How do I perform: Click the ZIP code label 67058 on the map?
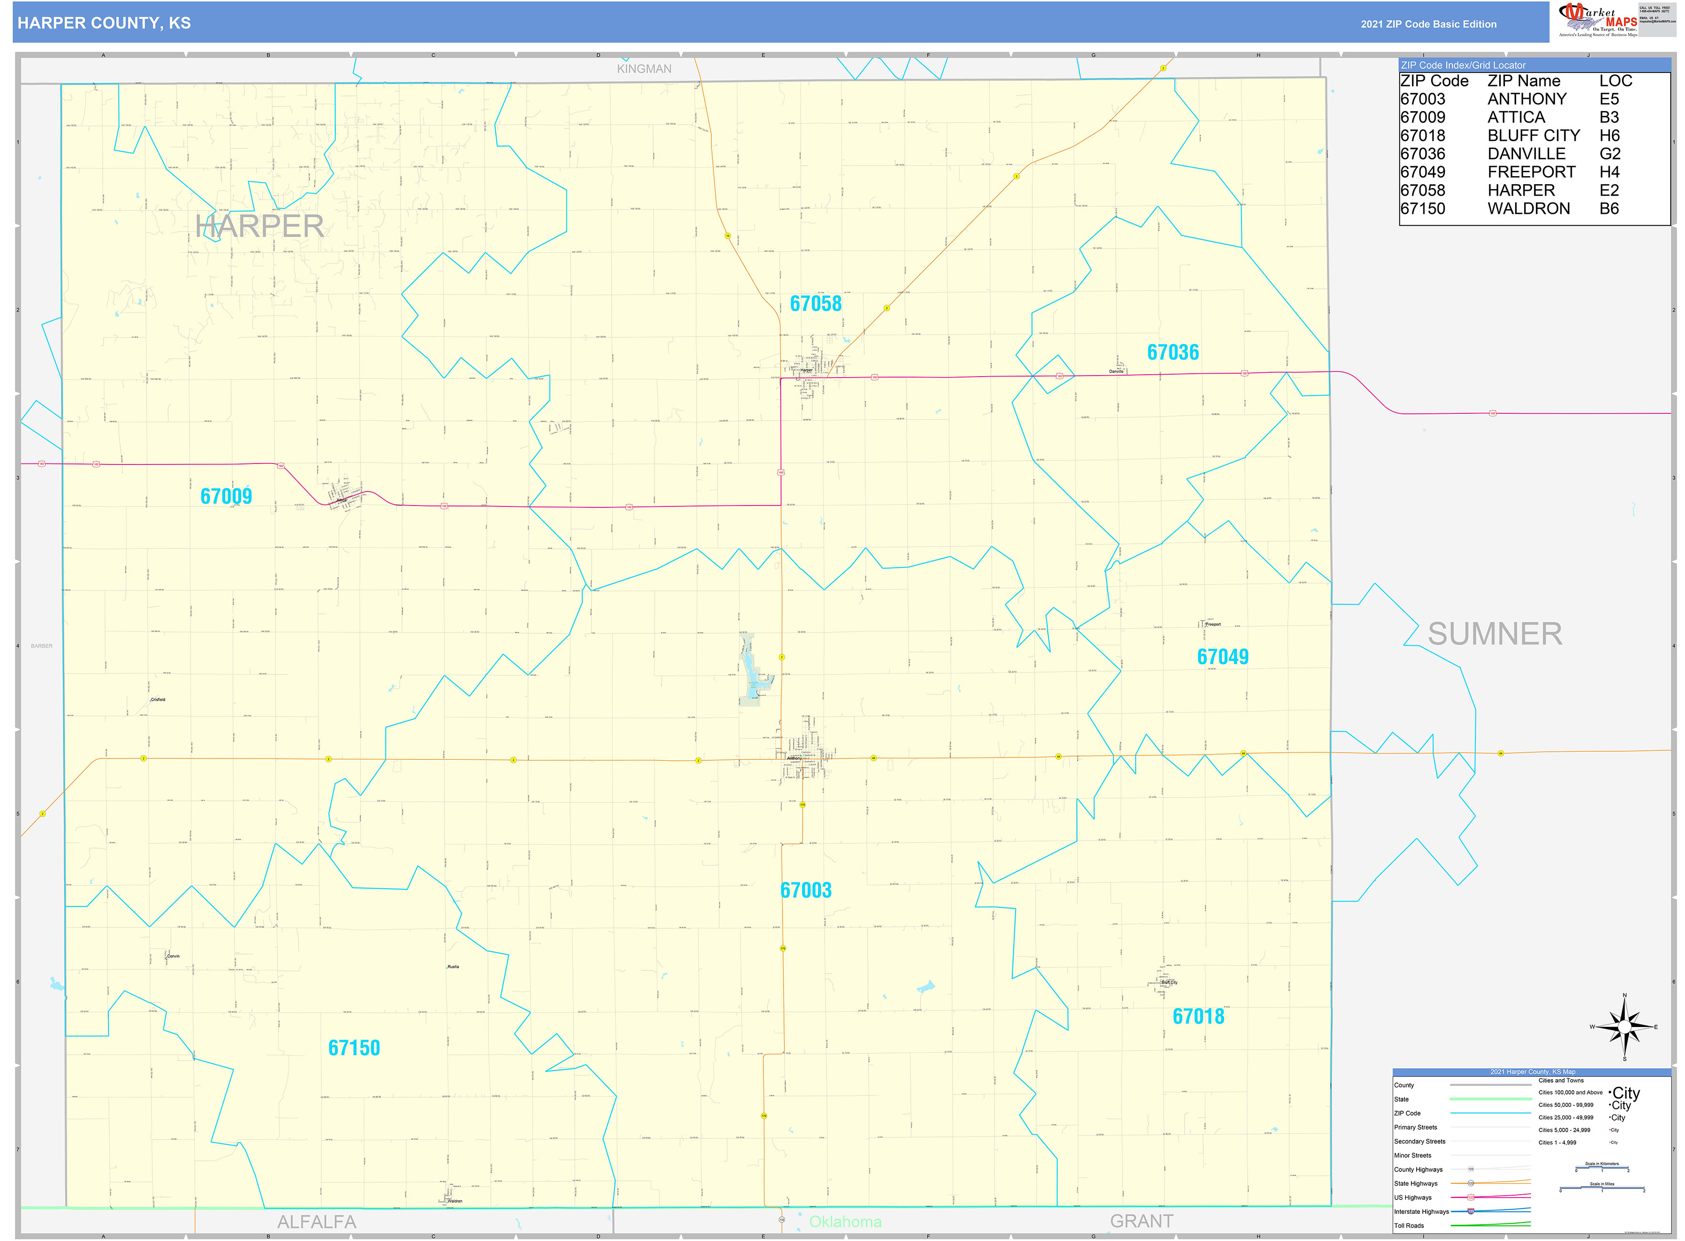816,304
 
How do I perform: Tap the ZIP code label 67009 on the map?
226,496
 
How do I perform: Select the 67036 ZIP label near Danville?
1173,352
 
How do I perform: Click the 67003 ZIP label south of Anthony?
805,890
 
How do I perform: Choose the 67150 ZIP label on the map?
354,1048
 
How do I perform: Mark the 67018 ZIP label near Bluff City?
1198,1016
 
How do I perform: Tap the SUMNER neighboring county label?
1494,634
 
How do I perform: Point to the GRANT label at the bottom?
1141,1221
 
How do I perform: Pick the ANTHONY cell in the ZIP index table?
1526,99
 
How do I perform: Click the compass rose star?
1624,1027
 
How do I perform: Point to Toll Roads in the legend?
1409,1225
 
